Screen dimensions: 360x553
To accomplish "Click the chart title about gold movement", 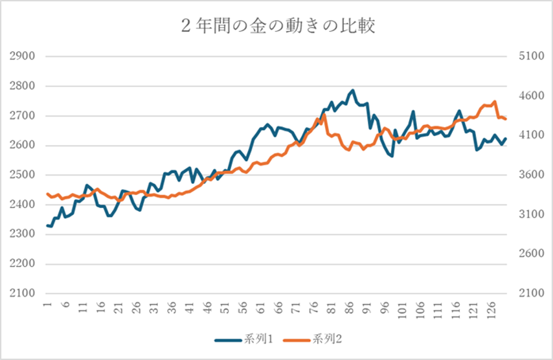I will point(277,26).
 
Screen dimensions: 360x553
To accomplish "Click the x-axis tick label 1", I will point(47,304).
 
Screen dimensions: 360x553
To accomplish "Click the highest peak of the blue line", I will point(353,91).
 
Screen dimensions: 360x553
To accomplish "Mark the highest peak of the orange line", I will point(494,102).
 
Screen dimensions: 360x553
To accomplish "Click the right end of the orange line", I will point(505,119).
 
